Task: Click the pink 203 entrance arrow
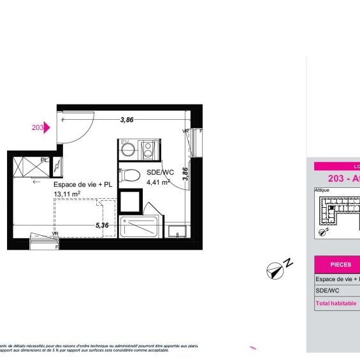click(46, 127)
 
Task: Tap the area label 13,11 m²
click(67, 194)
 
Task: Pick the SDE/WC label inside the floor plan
click(160, 173)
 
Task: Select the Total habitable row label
click(336, 304)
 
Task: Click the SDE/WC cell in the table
click(329, 291)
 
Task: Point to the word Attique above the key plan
click(322, 190)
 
